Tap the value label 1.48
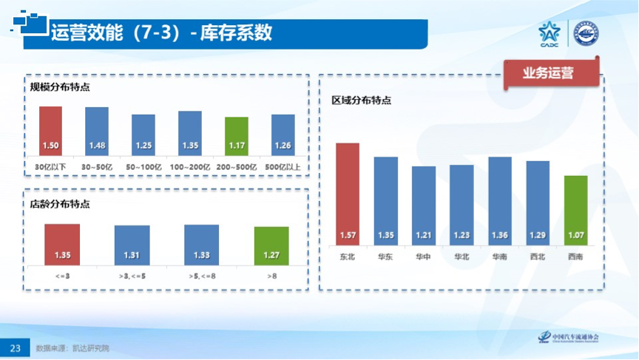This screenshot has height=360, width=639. [x=96, y=145]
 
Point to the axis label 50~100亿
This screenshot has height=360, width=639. [x=143, y=167]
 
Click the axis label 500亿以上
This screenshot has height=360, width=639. [x=283, y=167]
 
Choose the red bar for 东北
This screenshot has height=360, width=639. [x=348, y=192]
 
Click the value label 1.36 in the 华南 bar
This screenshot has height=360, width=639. [x=500, y=236]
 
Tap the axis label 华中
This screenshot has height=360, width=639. [x=424, y=257]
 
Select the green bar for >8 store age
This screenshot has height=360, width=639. [x=271, y=245]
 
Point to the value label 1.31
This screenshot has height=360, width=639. [x=132, y=256]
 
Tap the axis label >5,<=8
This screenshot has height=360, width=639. [x=202, y=276]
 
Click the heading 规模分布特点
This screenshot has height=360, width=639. [x=60, y=87]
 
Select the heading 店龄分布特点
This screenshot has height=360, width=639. [x=60, y=202]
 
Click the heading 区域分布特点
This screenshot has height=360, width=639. [x=361, y=101]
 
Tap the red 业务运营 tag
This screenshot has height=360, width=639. [x=548, y=73]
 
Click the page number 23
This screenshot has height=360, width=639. [x=15, y=347]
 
